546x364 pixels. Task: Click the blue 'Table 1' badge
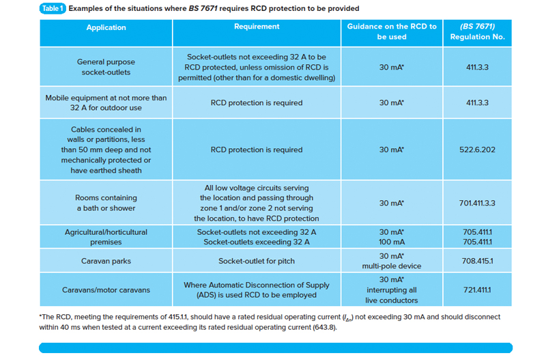pos(52,8)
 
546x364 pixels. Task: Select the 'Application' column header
pos(106,28)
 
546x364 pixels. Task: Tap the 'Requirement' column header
pos(257,27)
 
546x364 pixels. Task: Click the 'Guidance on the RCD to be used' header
pos(392,31)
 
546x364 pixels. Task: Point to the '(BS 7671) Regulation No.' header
pos(477,31)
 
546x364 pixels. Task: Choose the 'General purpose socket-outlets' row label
pos(106,66)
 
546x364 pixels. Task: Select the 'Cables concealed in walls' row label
pos(106,150)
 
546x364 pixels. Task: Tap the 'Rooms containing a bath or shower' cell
pos(106,203)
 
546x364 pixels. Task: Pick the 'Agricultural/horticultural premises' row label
pos(106,237)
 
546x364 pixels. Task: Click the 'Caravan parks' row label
pos(106,261)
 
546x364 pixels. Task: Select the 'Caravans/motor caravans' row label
pos(106,290)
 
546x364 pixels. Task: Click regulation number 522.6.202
pos(477,150)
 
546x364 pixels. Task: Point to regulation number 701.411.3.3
pos(477,203)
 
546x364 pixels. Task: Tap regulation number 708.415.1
pos(477,261)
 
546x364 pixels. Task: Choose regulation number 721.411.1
pos(477,290)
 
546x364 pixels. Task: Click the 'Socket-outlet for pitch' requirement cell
pos(257,261)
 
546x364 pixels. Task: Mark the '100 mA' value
pos(392,242)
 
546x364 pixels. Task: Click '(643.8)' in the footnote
pos(318,327)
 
